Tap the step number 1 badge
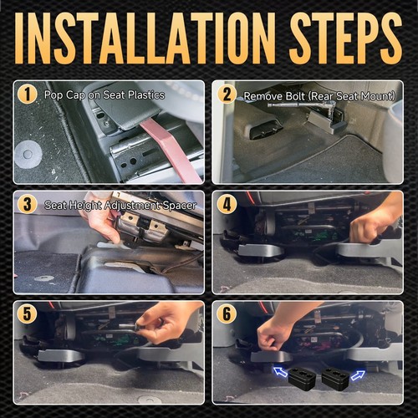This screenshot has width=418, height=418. pyautogui.click(x=27, y=94)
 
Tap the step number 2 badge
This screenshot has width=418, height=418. pyautogui.click(x=227, y=94)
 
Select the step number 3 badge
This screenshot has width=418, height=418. pyautogui.click(x=27, y=204)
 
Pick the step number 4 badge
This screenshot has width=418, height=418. pyautogui.click(x=227, y=204)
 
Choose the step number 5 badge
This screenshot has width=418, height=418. pyautogui.click(x=27, y=314)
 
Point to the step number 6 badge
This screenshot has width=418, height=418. pyautogui.click(x=227, y=314)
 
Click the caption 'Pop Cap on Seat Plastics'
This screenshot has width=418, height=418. pyautogui.click(x=104, y=95)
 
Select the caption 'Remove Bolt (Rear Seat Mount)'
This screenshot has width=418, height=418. pyautogui.click(x=319, y=96)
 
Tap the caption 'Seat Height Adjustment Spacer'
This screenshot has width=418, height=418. pyautogui.click(x=120, y=206)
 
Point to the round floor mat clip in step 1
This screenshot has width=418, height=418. pyautogui.click(x=28, y=154)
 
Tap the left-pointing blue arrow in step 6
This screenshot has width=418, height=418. pyautogui.click(x=280, y=372)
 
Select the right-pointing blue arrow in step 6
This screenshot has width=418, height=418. pyautogui.click(x=358, y=375)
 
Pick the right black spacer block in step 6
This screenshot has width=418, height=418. pyautogui.click(x=335, y=379)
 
